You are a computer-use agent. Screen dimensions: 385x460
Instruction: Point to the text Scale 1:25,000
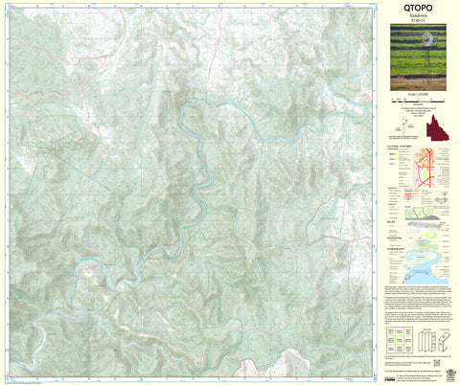coord(416,100)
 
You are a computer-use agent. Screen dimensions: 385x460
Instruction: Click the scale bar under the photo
coord(416,106)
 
